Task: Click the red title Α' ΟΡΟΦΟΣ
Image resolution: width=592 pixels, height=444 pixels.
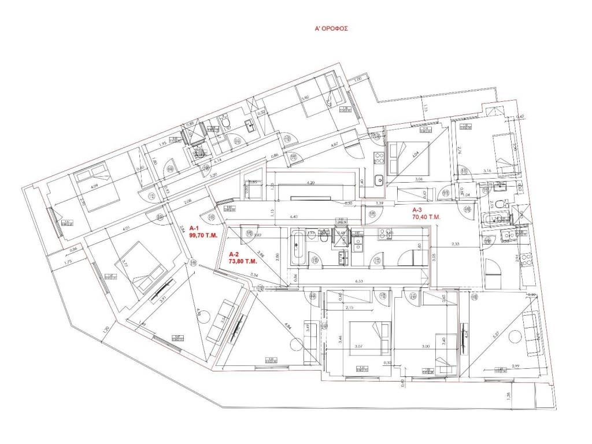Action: (x=330, y=27)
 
